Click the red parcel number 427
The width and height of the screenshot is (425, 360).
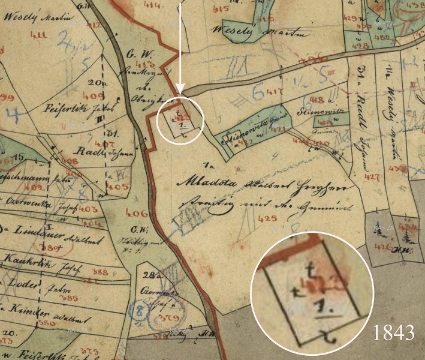372,177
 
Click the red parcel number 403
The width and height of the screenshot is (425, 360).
88,209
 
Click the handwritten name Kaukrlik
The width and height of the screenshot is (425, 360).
26,260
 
